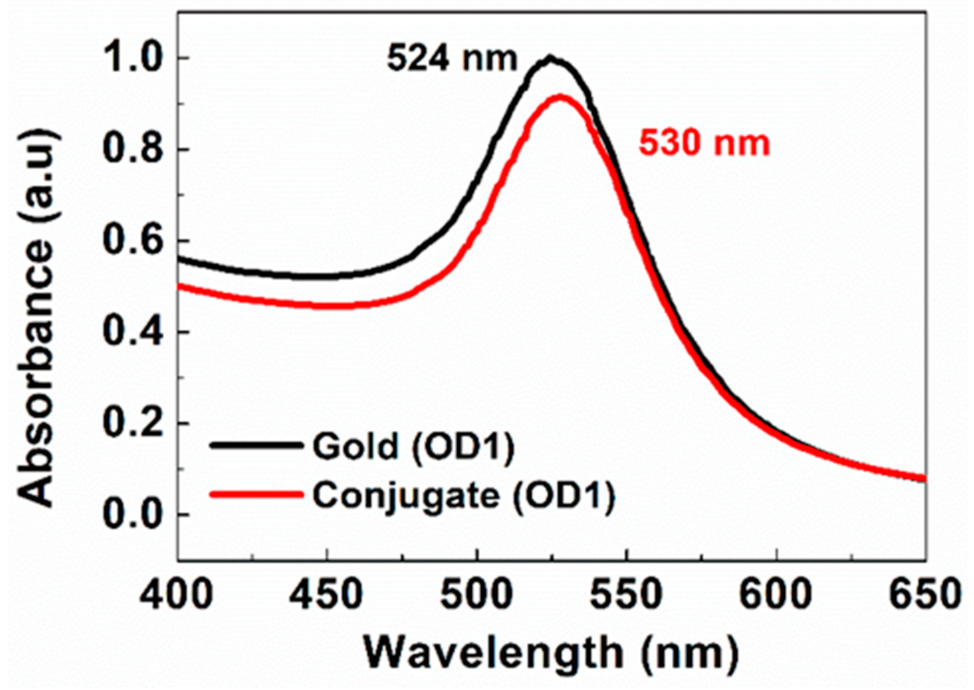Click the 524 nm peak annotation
coord(452,58)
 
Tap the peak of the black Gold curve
coord(550,58)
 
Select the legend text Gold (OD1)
coord(413,446)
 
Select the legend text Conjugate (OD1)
coord(463,496)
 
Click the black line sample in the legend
coord(256,445)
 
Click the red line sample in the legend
coord(256,494)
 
